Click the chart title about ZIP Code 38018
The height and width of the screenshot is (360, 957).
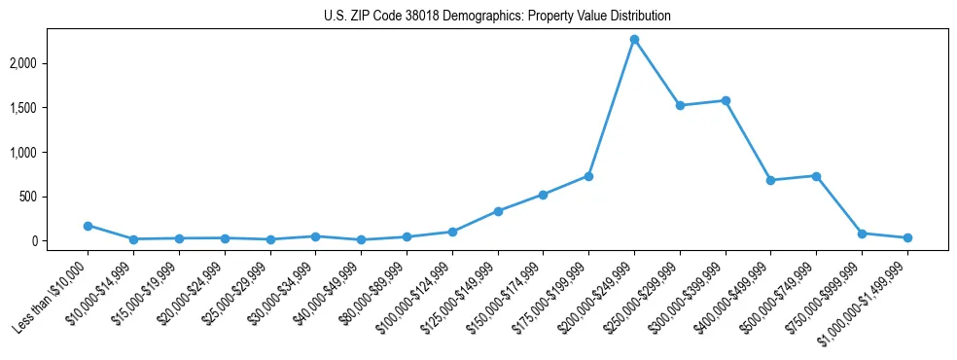pos(497,17)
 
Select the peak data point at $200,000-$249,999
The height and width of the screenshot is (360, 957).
pos(634,40)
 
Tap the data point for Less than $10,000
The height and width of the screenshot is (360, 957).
pos(88,226)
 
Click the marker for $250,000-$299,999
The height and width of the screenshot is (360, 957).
pos(680,105)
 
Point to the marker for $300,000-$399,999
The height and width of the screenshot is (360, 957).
pos(726,100)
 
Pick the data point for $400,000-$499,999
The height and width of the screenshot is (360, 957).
pos(770,180)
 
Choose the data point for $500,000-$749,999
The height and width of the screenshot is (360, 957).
pos(816,176)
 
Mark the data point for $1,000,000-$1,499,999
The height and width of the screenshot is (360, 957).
pos(907,237)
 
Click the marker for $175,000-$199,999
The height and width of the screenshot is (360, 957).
pos(588,176)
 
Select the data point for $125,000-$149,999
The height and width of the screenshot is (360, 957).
pos(498,211)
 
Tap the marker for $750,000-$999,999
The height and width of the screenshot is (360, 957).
pos(862,234)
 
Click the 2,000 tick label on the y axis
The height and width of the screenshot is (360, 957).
pos(52,63)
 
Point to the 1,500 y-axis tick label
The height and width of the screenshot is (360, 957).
pos(52,108)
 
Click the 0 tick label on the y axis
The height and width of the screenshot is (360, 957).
pos(62,241)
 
